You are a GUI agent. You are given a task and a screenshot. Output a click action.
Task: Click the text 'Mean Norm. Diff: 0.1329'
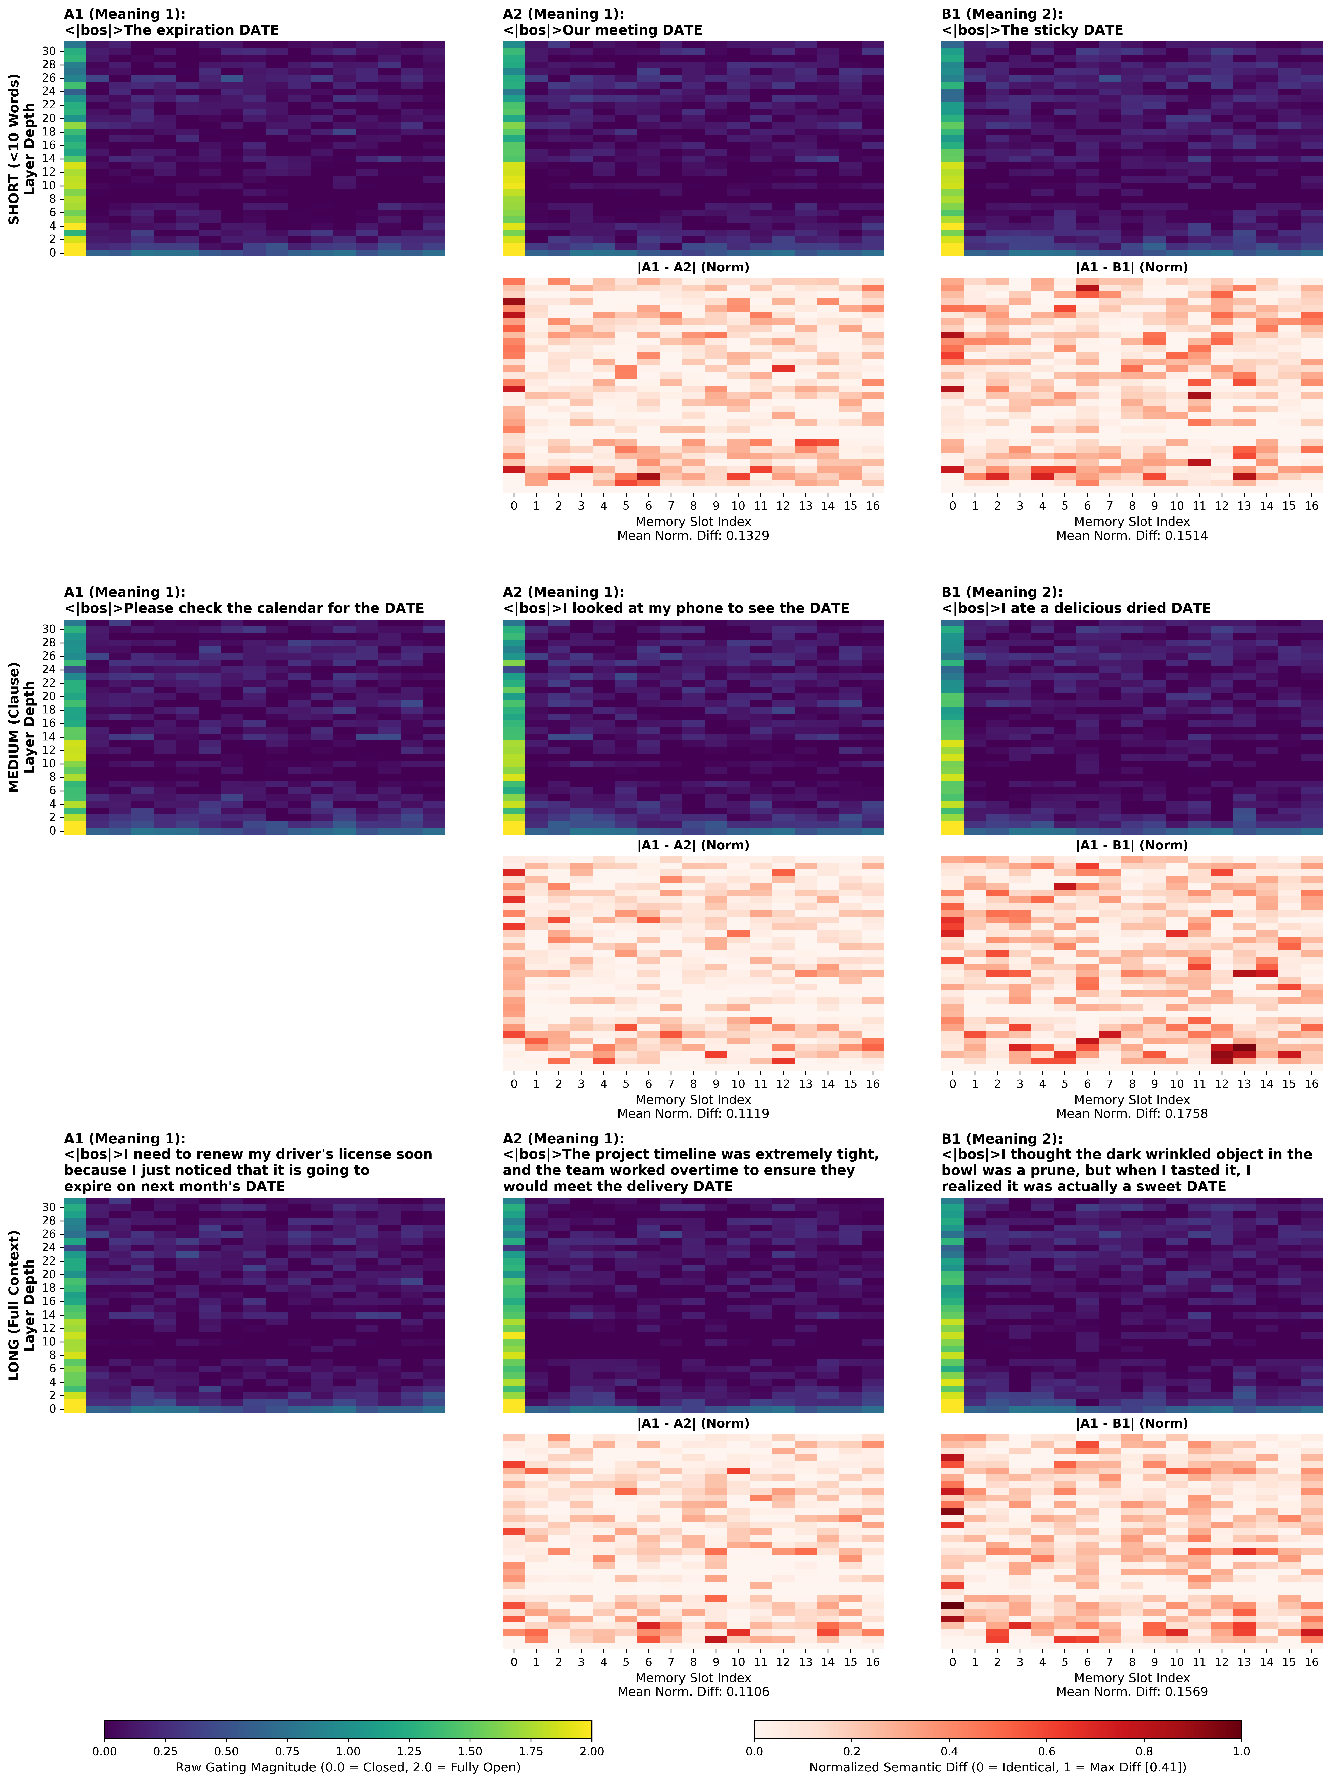(693, 536)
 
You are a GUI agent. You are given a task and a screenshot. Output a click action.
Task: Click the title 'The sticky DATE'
(1032, 30)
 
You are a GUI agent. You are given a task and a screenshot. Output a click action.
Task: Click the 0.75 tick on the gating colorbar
(287, 1751)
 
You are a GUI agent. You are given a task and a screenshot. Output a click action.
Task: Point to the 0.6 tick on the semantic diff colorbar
(1047, 1751)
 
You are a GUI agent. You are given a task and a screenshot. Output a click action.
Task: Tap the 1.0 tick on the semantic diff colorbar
(1241, 1751)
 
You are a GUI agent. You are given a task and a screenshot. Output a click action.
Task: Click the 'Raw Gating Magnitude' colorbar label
(348, 1767)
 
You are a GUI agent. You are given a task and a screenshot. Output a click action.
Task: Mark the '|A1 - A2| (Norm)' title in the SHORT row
(693, 267)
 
